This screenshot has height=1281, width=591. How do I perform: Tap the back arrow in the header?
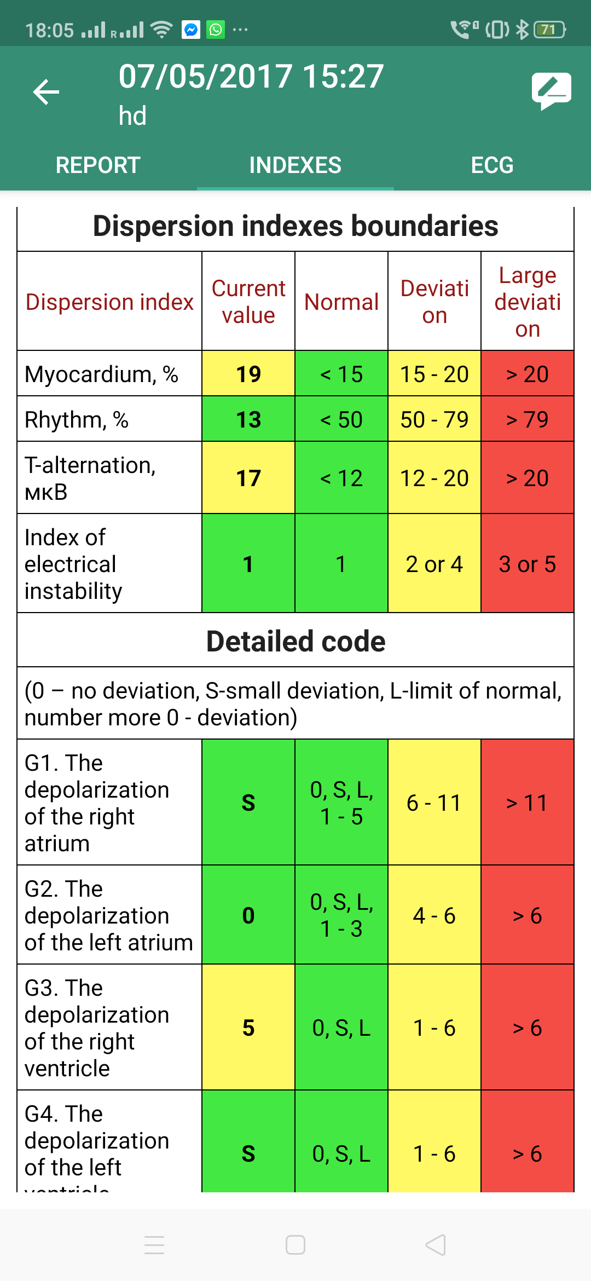click(x=46, y=91)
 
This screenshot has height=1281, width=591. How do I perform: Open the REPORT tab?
click(x=98, y=165)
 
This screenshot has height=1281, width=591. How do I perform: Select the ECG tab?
click(x=492, y=165)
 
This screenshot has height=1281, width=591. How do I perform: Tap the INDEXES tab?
click(x=295, y=165)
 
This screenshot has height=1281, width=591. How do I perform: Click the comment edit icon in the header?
click(x=551, y=91)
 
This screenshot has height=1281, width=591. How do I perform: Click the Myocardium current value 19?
click(x=248, y=374)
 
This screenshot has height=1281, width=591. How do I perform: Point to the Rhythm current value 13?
click(x=248, y=419)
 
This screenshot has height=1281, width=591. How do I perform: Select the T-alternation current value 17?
click(x=248, y=478)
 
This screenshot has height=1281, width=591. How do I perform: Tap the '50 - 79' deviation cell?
click(x=434, y=419)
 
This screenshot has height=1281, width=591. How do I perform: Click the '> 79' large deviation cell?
click(x=528, y=419)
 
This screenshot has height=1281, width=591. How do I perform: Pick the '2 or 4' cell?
click(x=434, y=564)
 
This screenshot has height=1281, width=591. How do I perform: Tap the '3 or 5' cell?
click(x=528, y=564)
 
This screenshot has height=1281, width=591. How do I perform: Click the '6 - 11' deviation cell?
click(x=434, y=803)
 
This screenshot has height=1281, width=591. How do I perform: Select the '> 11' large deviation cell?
click(x=528, y=803)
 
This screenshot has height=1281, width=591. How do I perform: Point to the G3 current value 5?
click(x=248, y=1028)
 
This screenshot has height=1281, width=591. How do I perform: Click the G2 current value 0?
click(x=248, y=915)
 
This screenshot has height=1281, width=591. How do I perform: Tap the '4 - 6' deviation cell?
click(x=434, y=915)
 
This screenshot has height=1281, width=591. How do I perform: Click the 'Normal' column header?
click(x=341, y=302)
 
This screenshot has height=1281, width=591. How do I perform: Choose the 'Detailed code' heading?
click(x=296, y=641)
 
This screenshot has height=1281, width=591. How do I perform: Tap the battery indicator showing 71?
click(x=549, y=30)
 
